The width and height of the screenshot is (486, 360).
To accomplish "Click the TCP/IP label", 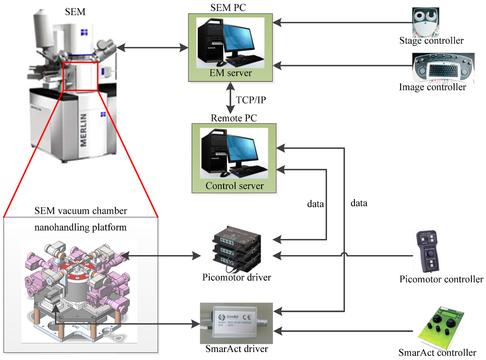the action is (251, 100).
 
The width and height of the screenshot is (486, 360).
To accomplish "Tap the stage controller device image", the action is (426, 22).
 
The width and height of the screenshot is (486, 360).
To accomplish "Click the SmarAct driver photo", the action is (236, 323).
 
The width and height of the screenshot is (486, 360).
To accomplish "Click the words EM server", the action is (231, 73).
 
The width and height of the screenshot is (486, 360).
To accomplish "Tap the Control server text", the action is (234, 186).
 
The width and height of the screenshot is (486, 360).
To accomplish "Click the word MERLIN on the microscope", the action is (84, 130).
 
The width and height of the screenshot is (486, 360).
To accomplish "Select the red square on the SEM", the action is (80, 76).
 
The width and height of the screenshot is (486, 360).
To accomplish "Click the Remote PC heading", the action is (234, 118).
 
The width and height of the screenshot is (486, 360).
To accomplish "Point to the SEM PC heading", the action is (228, 8).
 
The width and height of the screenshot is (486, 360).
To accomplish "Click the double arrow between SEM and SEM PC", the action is (152, 48).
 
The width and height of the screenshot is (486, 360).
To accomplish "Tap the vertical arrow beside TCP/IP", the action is (230, 98).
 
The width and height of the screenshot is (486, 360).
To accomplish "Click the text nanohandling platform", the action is (81, 227).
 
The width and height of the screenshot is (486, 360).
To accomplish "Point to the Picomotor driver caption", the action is (236, 277).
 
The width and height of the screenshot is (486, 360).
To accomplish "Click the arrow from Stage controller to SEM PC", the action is (343, 22).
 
